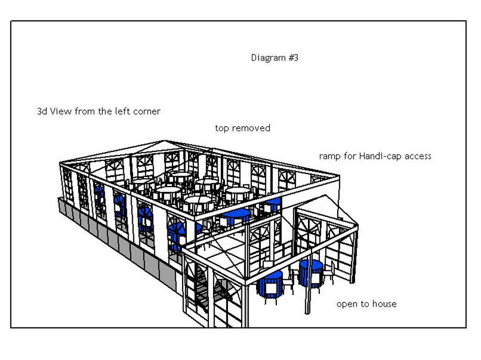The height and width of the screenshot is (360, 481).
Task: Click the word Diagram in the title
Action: (x=268, y=58)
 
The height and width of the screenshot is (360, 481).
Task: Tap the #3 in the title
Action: (x=293, y=58)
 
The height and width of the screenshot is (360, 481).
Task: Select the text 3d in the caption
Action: (x=42, y=111)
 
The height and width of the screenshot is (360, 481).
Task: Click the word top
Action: (x=222, y=128)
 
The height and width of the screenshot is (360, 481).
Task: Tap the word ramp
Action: (x=330, y=156)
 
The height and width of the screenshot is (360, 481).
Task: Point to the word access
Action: (x=418, y=156)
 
